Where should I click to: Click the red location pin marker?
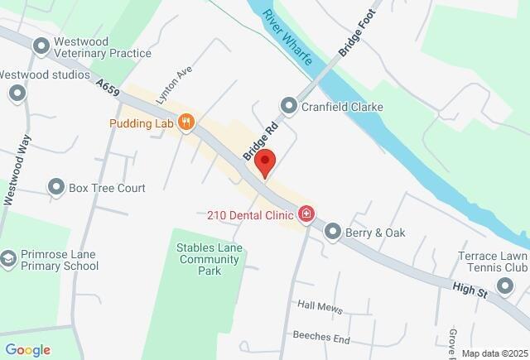click(264, 161)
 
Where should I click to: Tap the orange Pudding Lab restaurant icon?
click(187, 123)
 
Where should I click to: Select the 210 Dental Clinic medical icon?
click(307, 215)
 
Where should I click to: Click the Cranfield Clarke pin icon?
click(288, 105)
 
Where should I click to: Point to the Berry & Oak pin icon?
click(333, 233)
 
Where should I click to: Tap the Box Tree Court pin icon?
click(56, 188)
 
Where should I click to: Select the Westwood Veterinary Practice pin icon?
click(41, 47)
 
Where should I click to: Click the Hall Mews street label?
click(320, 307)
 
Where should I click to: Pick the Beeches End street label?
click(321, 338)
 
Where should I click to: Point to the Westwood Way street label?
click(18, 169)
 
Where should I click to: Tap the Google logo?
click(26, 350)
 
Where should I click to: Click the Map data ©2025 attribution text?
click(494, 353)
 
